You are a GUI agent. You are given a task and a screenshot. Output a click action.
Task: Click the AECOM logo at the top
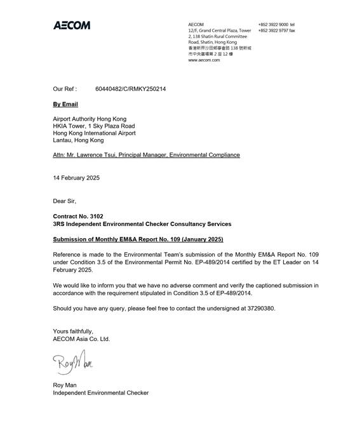(71, 25)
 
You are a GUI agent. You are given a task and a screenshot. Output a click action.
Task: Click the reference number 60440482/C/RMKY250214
(130, 90)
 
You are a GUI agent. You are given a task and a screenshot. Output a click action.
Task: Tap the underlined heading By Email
(65, 104)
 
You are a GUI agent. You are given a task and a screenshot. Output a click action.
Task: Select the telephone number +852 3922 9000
(273, 25)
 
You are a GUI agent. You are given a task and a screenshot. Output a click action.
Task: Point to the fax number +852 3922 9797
(273, 30)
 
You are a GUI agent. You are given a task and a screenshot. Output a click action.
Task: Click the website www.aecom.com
(204, 60)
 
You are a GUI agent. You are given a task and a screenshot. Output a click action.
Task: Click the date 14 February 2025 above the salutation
(76, 178)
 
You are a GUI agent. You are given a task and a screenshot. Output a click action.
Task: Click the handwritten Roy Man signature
(74, 364)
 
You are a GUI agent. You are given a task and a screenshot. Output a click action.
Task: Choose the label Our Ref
(65, 90)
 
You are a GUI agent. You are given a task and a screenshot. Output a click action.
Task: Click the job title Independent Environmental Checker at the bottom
(101, 393)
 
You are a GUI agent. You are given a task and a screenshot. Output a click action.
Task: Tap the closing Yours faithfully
(73, 331)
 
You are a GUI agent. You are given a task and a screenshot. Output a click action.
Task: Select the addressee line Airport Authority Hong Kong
(90, 119)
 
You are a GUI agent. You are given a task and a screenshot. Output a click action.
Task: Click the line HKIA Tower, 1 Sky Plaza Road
(94, 126)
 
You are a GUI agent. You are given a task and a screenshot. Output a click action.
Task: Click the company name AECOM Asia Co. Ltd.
(81, 339)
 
